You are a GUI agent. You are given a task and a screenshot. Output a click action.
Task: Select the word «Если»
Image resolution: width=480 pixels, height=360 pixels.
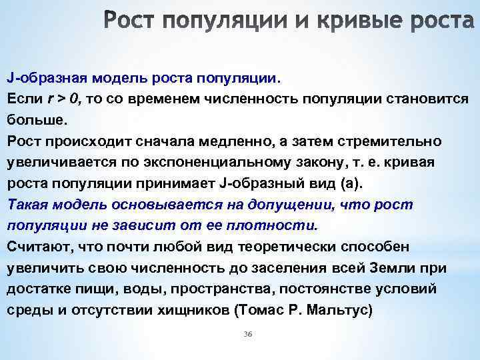[25, 99]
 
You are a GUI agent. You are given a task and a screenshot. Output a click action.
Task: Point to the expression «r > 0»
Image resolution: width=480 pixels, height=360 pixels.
[64, 99]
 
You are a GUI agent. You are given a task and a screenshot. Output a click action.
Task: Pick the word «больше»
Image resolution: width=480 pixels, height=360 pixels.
[37, 121]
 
